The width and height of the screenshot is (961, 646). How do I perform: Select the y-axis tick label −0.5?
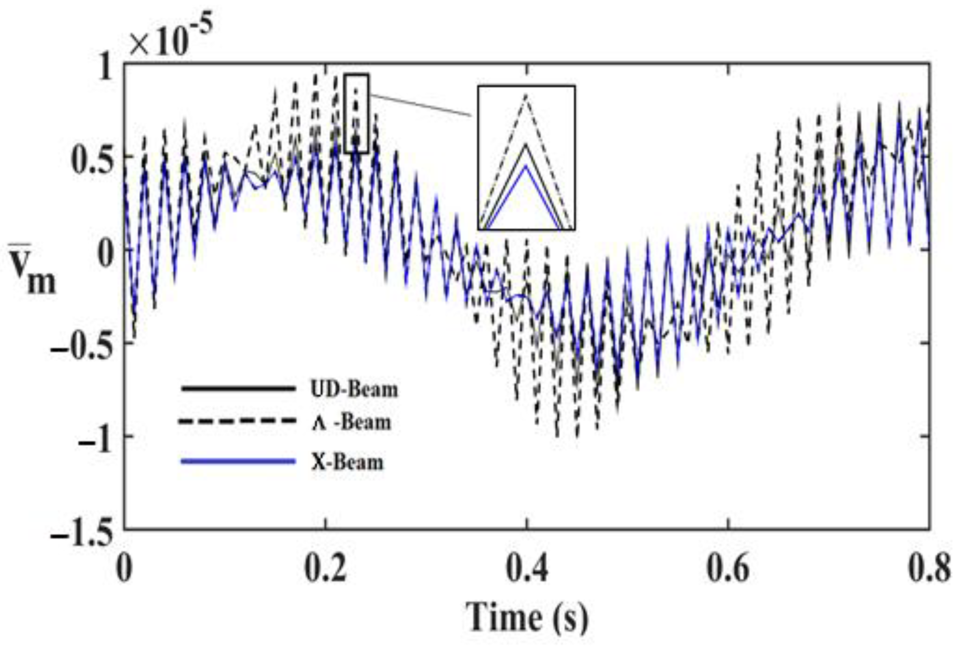(82, 344)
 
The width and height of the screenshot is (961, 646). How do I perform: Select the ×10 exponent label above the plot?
(171, 39)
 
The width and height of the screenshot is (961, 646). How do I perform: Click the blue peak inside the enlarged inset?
(525, 166)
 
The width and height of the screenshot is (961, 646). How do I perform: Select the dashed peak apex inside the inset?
(526, 95)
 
